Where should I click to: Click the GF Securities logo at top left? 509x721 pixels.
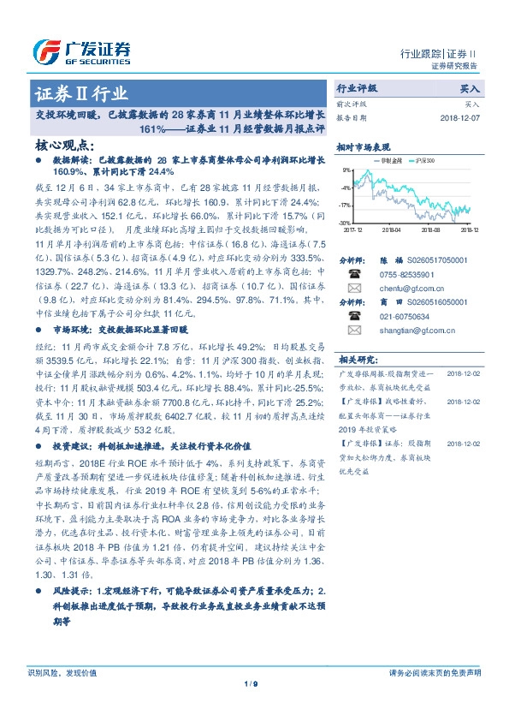point(81,52)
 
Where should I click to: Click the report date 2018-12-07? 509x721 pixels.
point(460,116)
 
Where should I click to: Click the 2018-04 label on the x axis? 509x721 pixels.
point(392,229)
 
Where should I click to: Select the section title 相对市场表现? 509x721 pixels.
point(363,146)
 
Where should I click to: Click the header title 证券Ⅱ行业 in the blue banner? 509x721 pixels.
point(80,93)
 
